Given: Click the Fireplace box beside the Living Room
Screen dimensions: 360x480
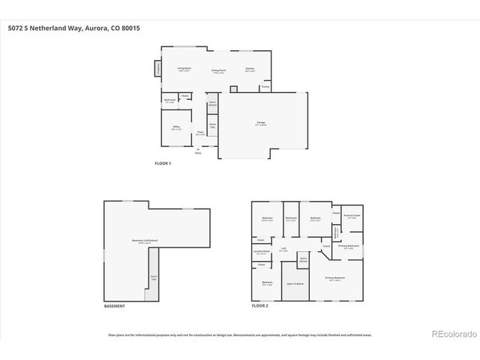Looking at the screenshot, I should [159, 69].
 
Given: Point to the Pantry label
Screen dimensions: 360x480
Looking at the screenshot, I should [265, 87].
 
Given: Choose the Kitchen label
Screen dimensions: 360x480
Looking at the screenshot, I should [250, 69].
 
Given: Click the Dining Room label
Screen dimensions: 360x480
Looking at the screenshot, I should [218, 71].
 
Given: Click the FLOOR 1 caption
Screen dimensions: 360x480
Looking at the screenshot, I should [163, 163].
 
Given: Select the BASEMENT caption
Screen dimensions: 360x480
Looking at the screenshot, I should [114, 306].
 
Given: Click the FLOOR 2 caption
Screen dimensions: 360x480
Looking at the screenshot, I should [260, 306].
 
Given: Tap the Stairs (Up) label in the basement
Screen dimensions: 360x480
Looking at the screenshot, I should [153, 276].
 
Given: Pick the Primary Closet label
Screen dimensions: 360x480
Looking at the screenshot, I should [352, 216].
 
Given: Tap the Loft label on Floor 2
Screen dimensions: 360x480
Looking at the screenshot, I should [283, 248].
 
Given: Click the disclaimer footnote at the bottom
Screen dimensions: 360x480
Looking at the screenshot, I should [240, 335].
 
